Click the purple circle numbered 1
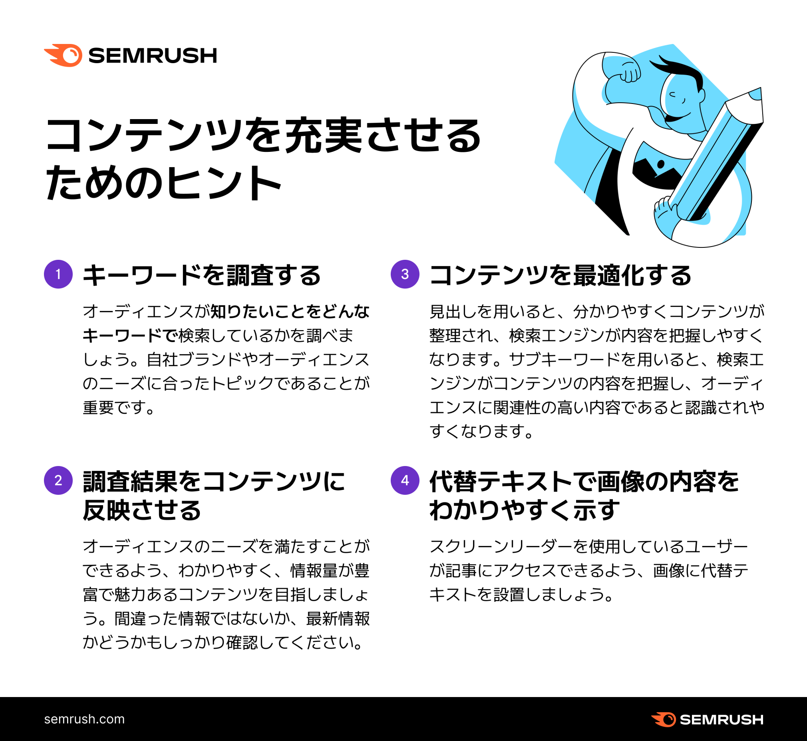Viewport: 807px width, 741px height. (x=58, y=274)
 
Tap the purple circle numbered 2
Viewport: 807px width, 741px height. (x=58, y=480)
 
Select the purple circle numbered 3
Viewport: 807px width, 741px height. (x=405, y=274)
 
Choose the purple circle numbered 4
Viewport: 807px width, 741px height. (x=405, y=480)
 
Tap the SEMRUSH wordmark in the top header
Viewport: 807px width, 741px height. (x=152, y=55)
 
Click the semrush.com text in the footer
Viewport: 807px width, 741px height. (x=84, y=719)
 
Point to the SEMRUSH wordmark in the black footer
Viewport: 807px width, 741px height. (x=721, y=719)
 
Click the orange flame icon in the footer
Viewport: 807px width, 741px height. (x=664, y=719)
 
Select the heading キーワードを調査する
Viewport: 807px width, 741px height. (x=201, y=275)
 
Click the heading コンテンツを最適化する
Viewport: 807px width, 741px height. (x=560, y=275)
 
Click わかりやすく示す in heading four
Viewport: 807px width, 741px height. (x=524, y=510)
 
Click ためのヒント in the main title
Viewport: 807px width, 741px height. (x=163, y=182)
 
